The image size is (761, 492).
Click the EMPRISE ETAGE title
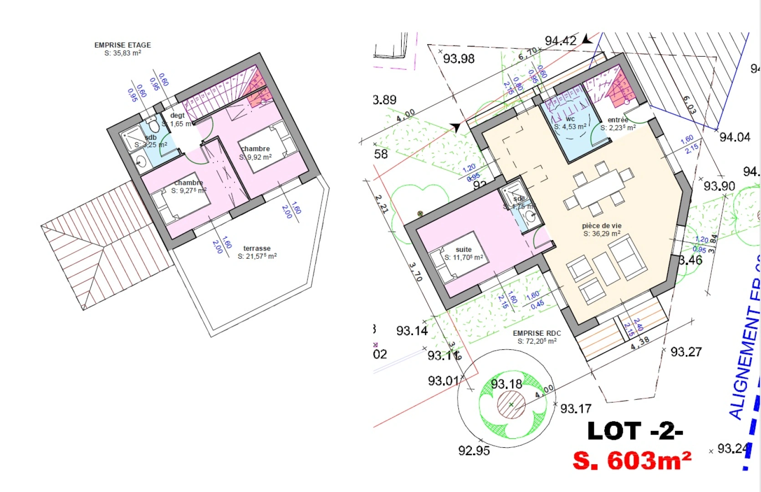click(123, 45)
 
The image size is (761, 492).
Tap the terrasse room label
click(257, 249)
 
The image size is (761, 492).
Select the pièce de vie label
click(602, 226)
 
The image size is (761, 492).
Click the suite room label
click(464, 250)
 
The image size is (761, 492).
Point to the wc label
click(570, 119)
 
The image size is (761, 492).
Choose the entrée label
click(618, 120)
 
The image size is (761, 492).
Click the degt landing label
click(177, 116)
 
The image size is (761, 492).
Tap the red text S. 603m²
click(632, 461)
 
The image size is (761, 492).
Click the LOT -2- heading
click(635, 431)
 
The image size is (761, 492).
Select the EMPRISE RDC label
click(537, 333)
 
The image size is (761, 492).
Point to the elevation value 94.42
click(561, 41)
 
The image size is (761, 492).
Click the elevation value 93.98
click(459, 59)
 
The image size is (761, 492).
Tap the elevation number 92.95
click(474, 451)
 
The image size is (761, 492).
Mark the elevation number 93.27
click(686, 352)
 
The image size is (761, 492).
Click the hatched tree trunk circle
click(511, 405)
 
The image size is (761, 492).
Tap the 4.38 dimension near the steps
click(640, 343)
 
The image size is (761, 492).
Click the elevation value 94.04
click(735, 137)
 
